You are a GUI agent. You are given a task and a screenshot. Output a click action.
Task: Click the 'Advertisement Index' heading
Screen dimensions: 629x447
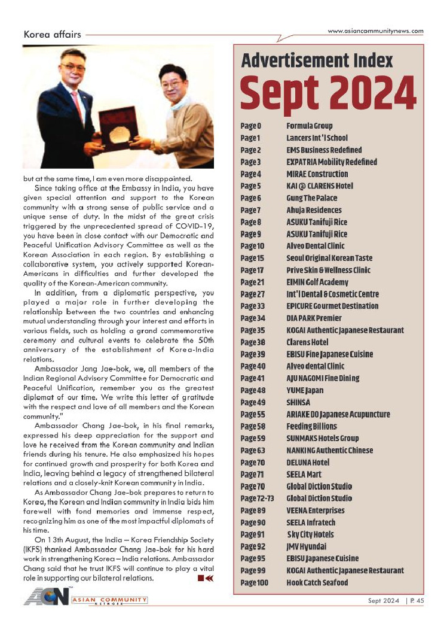pos(317,60)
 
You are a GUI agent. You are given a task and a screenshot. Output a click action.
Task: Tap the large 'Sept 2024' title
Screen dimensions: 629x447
pos(328,95)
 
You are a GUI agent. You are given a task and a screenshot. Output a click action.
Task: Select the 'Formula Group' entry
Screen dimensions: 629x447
pos(309,126)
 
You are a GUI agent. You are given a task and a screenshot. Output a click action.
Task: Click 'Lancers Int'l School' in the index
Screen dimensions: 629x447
pos(317,138)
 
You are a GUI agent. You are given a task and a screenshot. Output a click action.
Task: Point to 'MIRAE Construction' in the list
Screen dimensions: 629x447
pos(317,174)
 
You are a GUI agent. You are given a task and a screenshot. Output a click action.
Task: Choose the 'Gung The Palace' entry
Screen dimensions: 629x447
pos(311,197)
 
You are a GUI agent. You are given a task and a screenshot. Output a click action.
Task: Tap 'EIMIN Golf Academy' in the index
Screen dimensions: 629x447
pos(317,282)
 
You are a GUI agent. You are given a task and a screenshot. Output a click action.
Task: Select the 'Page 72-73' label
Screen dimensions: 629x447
pos(254,498)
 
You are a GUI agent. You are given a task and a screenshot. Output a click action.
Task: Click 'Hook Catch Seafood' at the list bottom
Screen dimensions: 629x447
pos(317,582)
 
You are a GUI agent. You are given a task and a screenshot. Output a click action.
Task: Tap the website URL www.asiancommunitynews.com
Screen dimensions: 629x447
pos(376,31)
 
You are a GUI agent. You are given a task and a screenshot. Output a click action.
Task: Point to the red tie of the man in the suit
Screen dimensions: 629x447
pos(78,105)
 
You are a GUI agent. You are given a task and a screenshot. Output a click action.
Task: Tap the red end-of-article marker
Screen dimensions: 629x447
pos(205,578)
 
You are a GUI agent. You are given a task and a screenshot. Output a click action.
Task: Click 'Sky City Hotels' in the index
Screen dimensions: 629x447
pos(310,534)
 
